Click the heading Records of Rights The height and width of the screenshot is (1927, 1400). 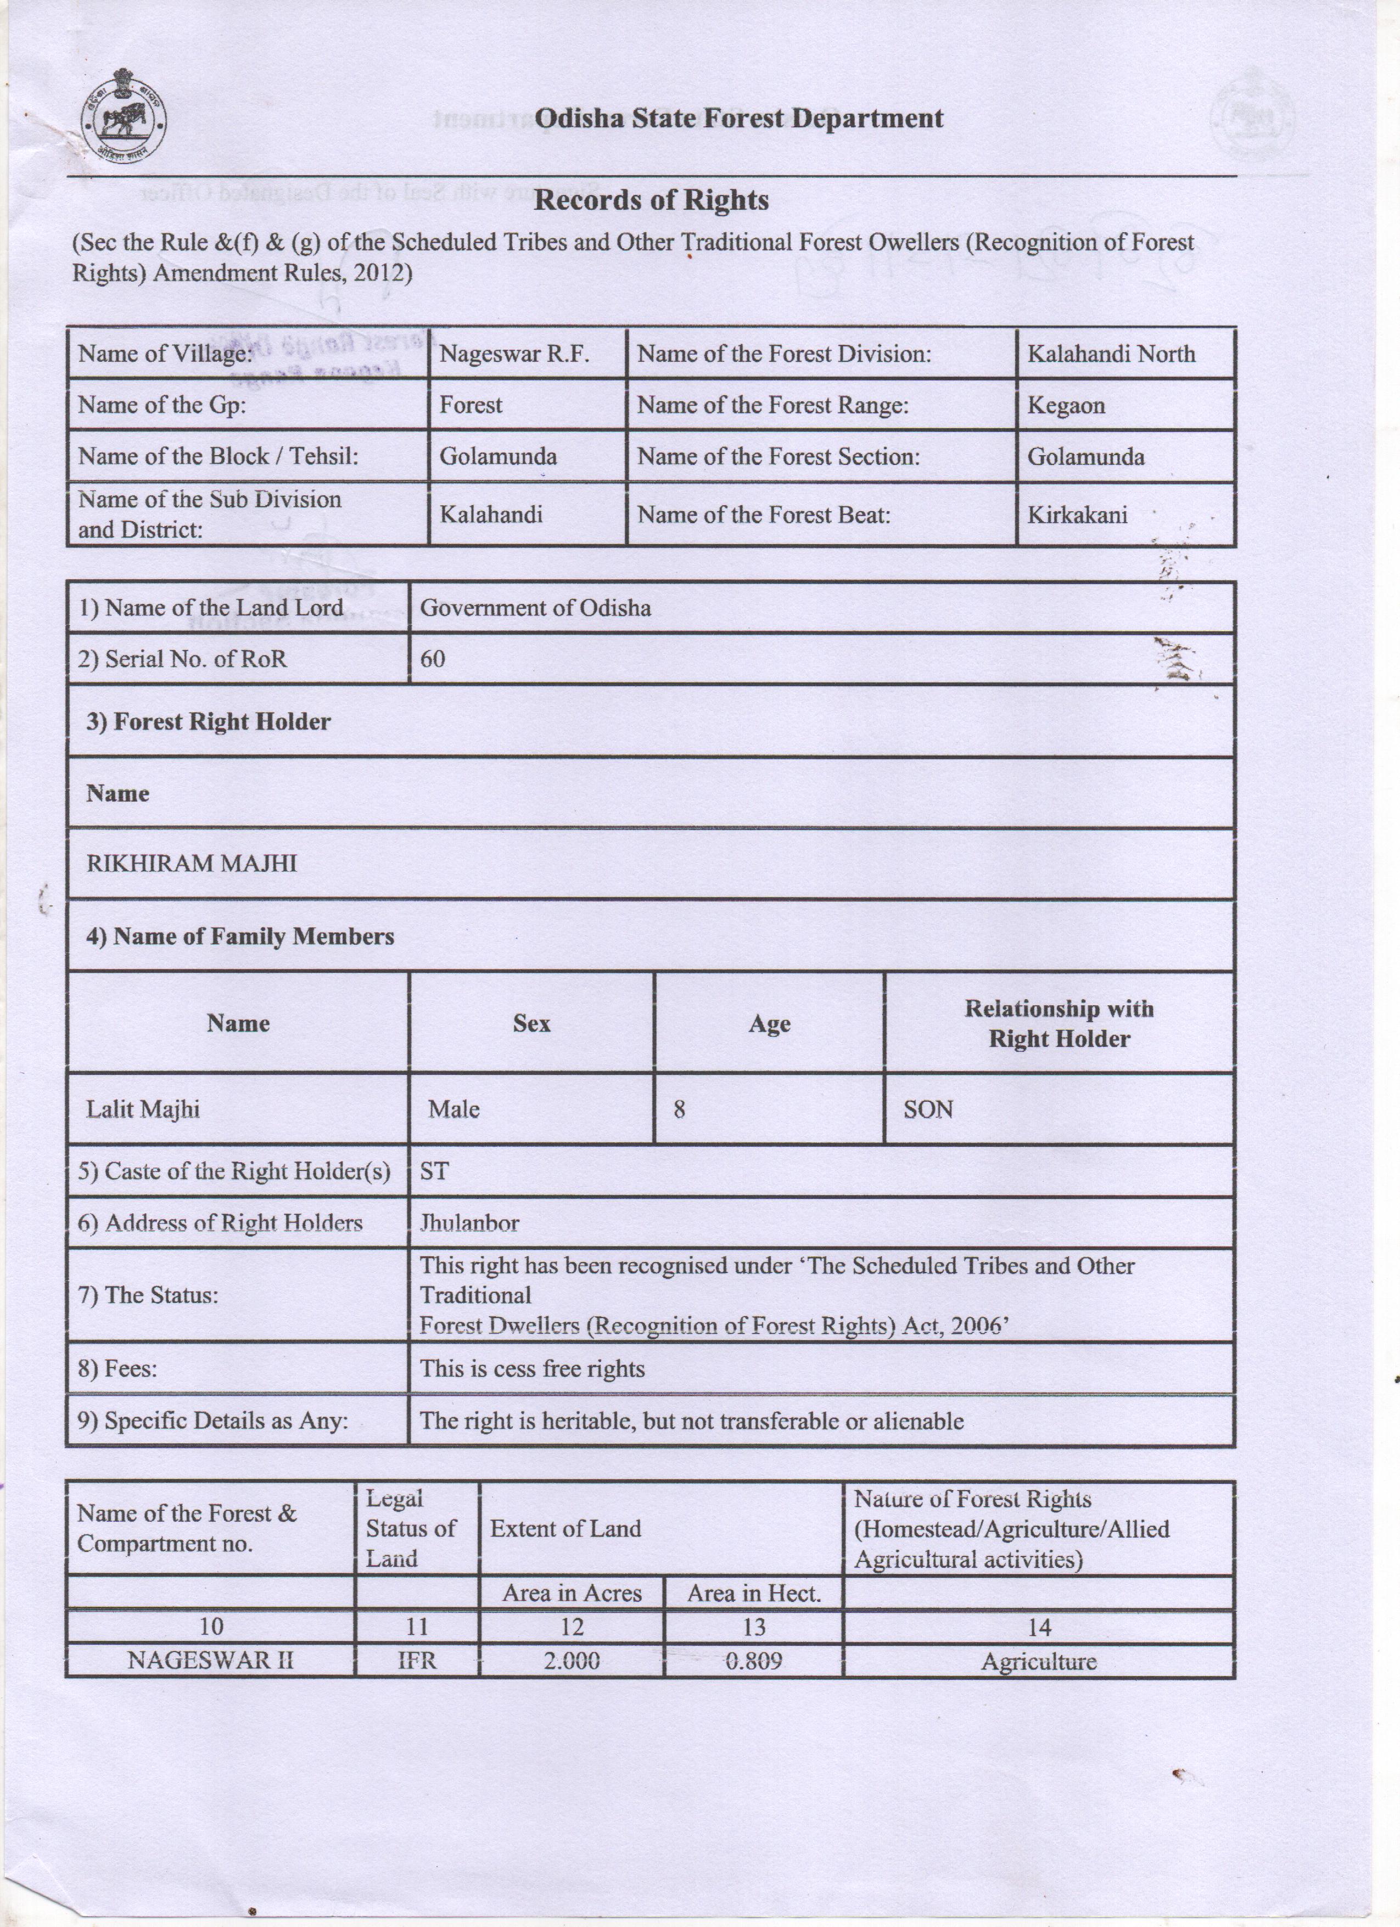tap(651, 200)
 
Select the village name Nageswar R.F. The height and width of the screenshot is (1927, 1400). tap(514, 354)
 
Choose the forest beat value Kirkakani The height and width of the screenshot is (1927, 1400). tap(1077, 515)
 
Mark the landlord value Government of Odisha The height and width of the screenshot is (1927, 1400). tap(535, 608)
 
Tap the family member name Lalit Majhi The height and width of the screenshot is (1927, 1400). tap(143, 1110)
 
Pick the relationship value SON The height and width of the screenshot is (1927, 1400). tap(928, 1110)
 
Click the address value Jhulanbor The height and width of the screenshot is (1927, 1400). tap(469, 1224)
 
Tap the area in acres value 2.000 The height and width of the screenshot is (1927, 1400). tap(571, 1661)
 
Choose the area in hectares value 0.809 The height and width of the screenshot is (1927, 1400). tap(753, 1661)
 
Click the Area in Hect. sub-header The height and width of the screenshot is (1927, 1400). tap(753, 1594)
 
